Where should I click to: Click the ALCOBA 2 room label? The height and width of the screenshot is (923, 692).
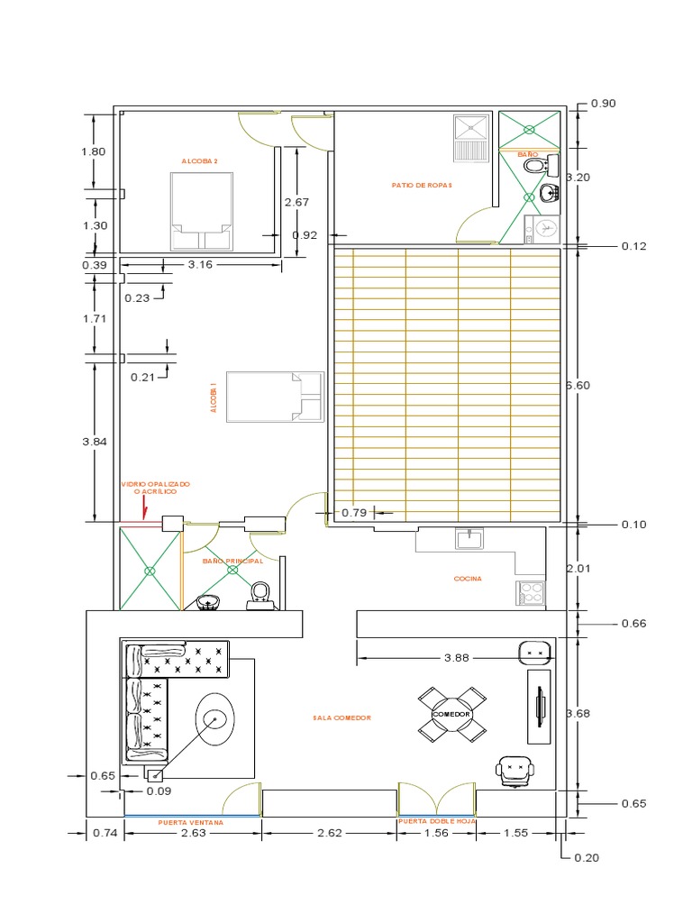click(x=200, y=161)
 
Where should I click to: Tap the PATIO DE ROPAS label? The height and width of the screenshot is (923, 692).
click(x=422, y=185)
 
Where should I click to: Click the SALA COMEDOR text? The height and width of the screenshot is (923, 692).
click(x=341, y=718)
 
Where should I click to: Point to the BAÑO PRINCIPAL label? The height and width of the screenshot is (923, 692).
click(x=232, y=561)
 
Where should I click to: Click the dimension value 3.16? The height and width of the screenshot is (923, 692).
click(x=200, y=265)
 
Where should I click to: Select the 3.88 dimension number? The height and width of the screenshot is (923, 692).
click(x=458, y=658)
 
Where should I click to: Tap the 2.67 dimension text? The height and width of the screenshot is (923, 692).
click(x=296, y=202)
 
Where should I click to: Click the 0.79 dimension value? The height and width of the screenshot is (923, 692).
click(x=355, y=513)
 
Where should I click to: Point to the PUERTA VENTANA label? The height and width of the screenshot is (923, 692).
click(x=190, y=823)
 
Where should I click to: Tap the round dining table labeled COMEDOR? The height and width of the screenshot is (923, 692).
click(x=451, y=714)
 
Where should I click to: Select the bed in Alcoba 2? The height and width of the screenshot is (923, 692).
click(x=203, y=211)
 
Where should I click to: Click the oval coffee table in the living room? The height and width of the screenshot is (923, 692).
click(x=215, y=718)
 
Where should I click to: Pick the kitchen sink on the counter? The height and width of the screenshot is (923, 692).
click(x=469, y=539)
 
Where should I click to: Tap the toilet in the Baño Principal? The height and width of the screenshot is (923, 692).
click(x=260, y=593)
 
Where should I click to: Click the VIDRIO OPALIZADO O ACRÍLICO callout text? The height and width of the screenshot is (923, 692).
click(x=155, y=489)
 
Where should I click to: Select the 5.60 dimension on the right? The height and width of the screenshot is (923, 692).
click(x=576, y=385)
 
